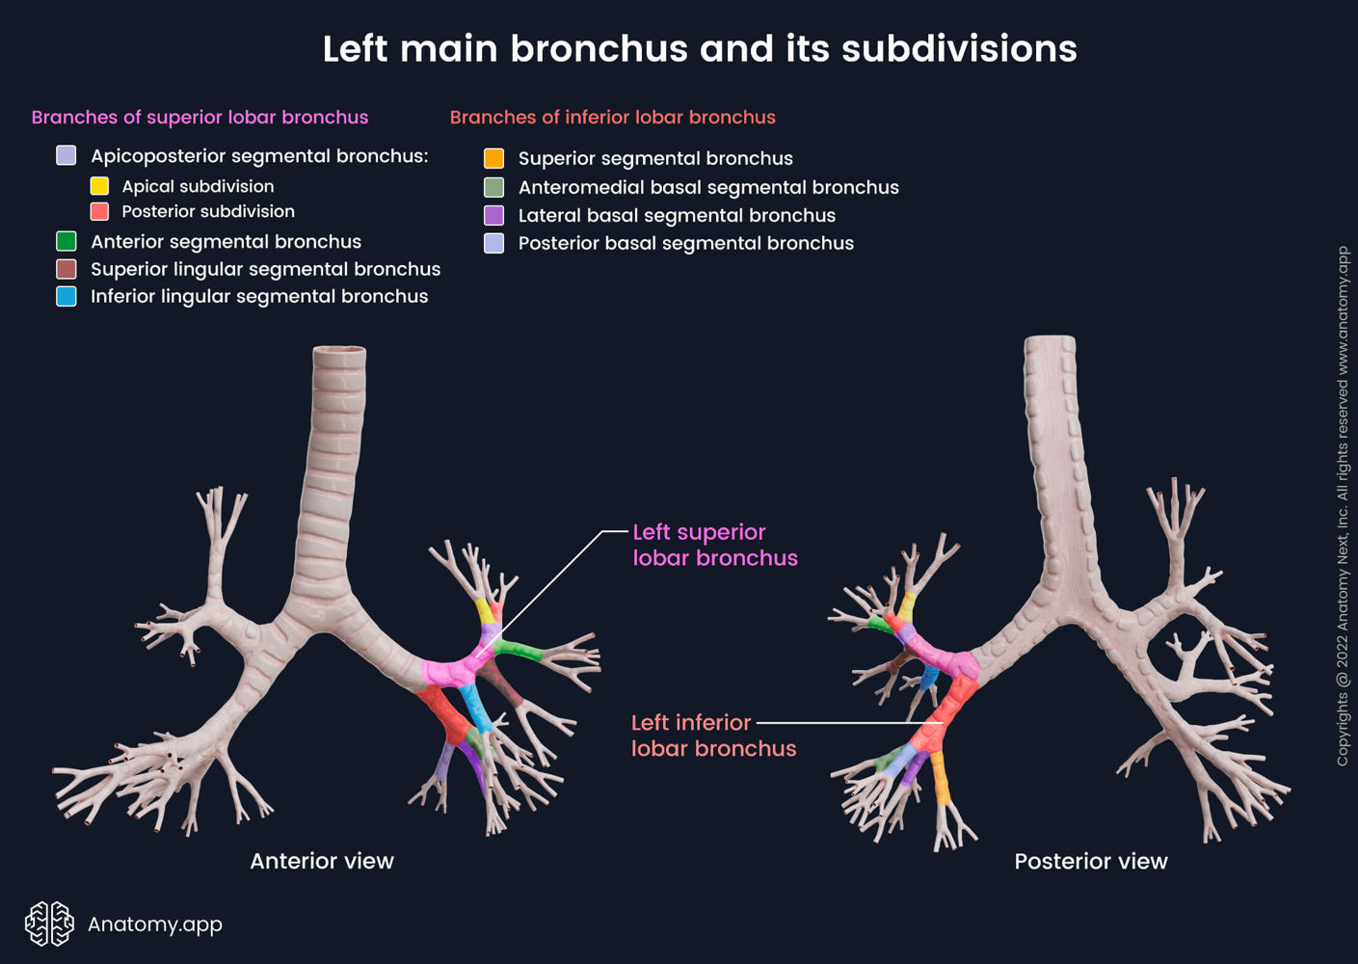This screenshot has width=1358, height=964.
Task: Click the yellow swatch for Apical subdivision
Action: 99,186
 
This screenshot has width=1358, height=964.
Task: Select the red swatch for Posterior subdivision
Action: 99,211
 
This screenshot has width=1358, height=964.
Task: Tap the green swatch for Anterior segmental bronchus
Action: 67,241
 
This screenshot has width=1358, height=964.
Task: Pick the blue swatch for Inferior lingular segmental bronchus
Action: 67,296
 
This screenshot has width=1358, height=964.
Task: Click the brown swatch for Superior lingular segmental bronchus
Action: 67,269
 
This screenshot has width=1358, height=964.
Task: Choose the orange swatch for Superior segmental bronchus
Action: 493,158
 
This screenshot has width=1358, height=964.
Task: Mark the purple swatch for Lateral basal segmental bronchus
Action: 493,215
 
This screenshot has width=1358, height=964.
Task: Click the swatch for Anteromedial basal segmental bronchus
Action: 493,187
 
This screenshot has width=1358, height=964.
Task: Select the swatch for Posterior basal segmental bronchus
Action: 493,243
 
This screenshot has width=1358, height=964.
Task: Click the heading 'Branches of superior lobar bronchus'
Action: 200,118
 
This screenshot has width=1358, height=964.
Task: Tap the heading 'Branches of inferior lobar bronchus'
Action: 612,118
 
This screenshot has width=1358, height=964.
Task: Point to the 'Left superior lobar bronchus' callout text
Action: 714,545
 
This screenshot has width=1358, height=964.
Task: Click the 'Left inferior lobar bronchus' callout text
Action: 713,736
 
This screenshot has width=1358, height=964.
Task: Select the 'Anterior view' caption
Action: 322,861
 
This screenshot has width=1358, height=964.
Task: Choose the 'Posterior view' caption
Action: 1090,861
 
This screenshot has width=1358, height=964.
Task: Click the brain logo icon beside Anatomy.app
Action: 49,924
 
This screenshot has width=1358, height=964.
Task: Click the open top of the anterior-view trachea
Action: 339,352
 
